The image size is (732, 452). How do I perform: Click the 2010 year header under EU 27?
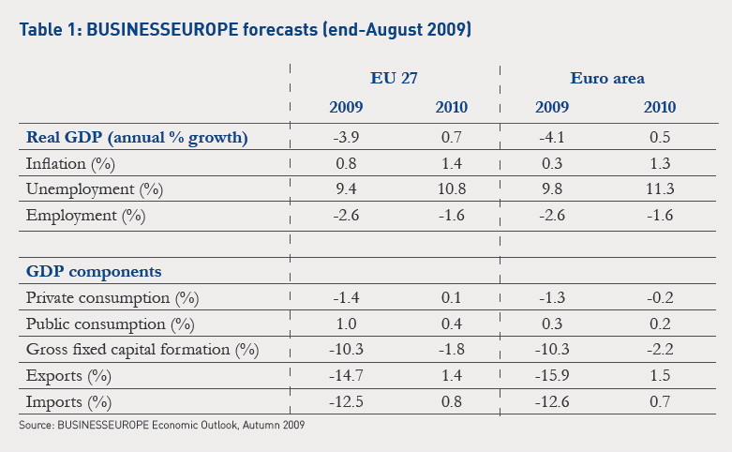pyautogui.click(x=452, y=107)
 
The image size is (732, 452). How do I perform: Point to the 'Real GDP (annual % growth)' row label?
pyautogui.click(x=136, y=138)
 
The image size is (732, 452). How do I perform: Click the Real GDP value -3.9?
pyautogui.click(x=348, y=138)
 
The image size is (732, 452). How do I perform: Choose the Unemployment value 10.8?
pyautogui.click(x=452, y=189)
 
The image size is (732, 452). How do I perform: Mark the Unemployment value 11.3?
pyautogui.click(x=659, y=189)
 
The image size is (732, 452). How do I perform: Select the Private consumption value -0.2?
pyautogui.click(x=659, y=298)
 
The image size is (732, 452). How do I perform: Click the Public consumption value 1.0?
pyautogui.click(x=348, y=324)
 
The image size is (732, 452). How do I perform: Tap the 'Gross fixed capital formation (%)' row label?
pyautogui.click(x=141, y=351)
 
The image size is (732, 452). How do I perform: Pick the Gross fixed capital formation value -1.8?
pyautogui.click(x=452, y=351)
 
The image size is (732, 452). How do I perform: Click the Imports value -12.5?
pyautogui.click(x=348, y=402)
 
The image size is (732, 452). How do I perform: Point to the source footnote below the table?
pyautogui.click(x=161, y=427)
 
